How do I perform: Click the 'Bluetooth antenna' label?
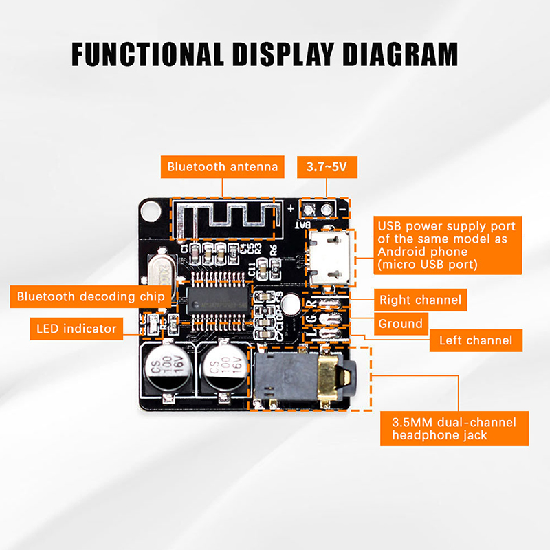point(223,166)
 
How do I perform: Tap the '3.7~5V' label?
point(322,166)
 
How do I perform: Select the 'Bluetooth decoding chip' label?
point(90,296)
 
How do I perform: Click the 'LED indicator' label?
point(76,329)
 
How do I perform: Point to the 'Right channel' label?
point(420,300)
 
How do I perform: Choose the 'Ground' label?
point(401,323)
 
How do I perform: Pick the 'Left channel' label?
point(475,340)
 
